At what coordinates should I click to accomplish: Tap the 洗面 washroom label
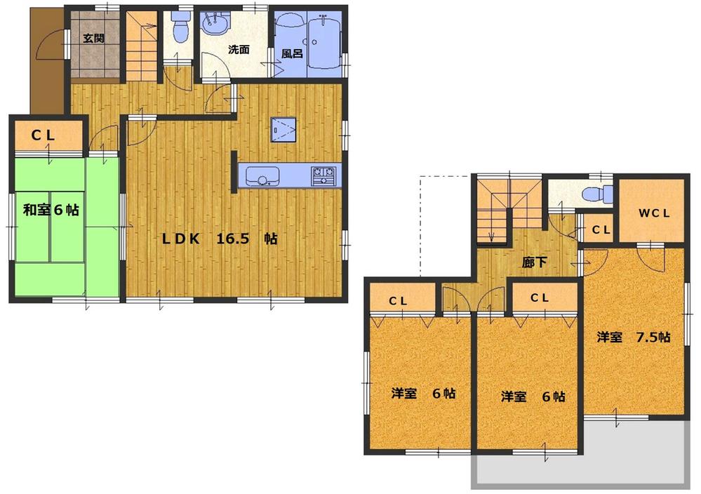[x=239, y=50]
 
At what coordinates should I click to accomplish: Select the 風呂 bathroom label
[x=292, y=53]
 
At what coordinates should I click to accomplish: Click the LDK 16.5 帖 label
[x=220, y=239]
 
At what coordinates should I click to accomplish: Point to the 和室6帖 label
[x=51, y=209]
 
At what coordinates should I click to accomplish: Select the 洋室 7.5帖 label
[x=634, y=338]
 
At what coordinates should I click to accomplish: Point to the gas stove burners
[x=325, y=172]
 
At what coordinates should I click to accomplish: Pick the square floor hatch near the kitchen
[x=285, y=129]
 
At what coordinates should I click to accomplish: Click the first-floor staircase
[x=142, y=46]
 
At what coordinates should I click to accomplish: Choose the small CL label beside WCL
[x=600, y=229]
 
